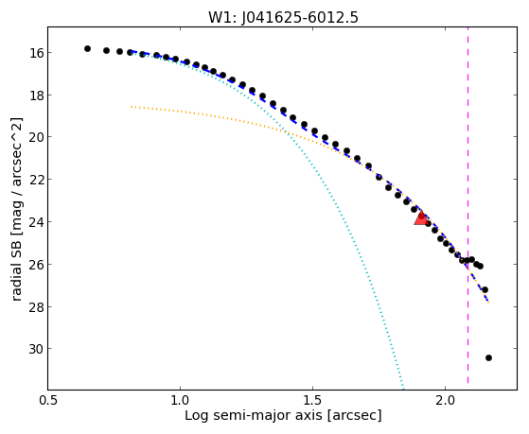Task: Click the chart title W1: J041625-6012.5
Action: [283, 18]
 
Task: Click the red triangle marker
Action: [420, 217]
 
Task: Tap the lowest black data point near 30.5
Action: [488, 357]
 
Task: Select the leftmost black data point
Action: [87, 48]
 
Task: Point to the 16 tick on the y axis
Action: [37, 53]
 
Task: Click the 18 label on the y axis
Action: [37, 95]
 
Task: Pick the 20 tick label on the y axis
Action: [37, 137]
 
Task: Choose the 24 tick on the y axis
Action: [37, 221]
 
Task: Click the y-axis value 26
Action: [37, 264]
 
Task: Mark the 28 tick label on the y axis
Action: [37, 306]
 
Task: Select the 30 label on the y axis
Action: [37, 349]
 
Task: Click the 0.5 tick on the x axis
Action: [48, 401]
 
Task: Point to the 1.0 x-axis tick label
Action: [180, 401]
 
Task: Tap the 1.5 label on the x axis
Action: [312, 401]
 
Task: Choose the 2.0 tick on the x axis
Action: [446, 401]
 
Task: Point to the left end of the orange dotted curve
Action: [132, 107]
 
